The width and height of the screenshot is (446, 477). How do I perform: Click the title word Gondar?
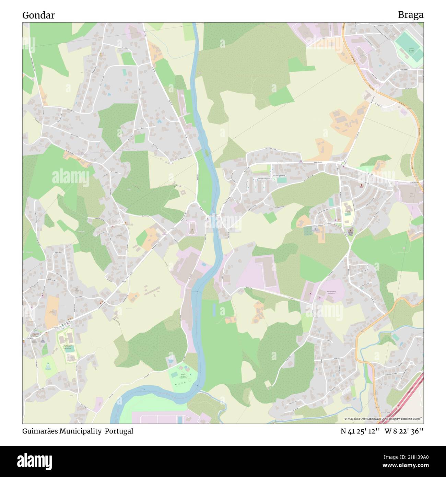coord(38,15)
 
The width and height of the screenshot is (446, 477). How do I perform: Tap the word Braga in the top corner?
coord(410,15)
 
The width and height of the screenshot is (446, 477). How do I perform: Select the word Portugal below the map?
coord(119,431)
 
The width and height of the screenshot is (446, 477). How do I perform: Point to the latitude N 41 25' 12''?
coord(360,431)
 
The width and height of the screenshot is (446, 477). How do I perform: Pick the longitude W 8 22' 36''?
coord(404,431)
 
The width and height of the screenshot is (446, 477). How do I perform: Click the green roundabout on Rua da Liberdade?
coord(342,163)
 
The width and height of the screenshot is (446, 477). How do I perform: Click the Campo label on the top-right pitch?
coord(411,49)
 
